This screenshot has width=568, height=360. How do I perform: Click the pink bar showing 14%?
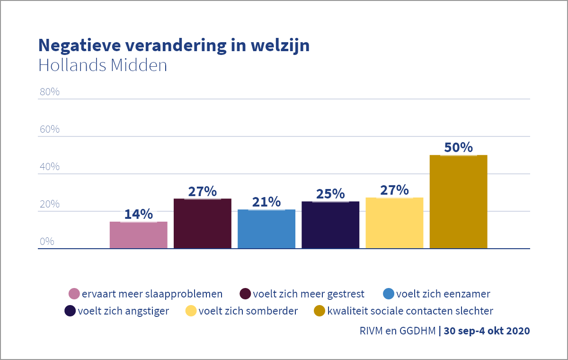[x=138, y=235]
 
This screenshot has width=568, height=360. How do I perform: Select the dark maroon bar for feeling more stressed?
[x=203, y=224]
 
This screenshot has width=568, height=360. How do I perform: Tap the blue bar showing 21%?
[x=266, y=229]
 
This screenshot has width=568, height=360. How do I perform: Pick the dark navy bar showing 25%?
[x=330, y=225]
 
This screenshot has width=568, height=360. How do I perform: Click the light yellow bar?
[x=394, y=223]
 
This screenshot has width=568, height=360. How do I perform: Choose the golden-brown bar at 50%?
[x=458, y=202]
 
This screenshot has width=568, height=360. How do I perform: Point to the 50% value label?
[x=458, y=147]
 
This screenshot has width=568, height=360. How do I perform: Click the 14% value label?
[x=138, y=214]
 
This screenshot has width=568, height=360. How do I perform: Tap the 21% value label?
[x=266, y=202]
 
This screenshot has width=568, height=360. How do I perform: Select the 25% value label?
[x=330, y=194]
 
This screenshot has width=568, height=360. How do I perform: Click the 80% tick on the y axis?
[x=49, y=92]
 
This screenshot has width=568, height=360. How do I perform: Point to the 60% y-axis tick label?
[x=49, y=129]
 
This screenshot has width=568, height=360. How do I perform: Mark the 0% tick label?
[x=47, y=242]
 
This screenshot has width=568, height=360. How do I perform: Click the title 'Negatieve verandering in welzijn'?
[x=174, y=45]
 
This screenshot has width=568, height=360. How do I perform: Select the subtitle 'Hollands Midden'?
[x=103, y=65]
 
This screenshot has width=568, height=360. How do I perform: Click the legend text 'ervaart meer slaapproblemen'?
[x=152, y=294]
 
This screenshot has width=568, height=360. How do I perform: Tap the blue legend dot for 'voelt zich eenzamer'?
[x=388, y=294]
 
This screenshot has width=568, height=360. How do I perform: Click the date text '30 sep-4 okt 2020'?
[x=487, y=331]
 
